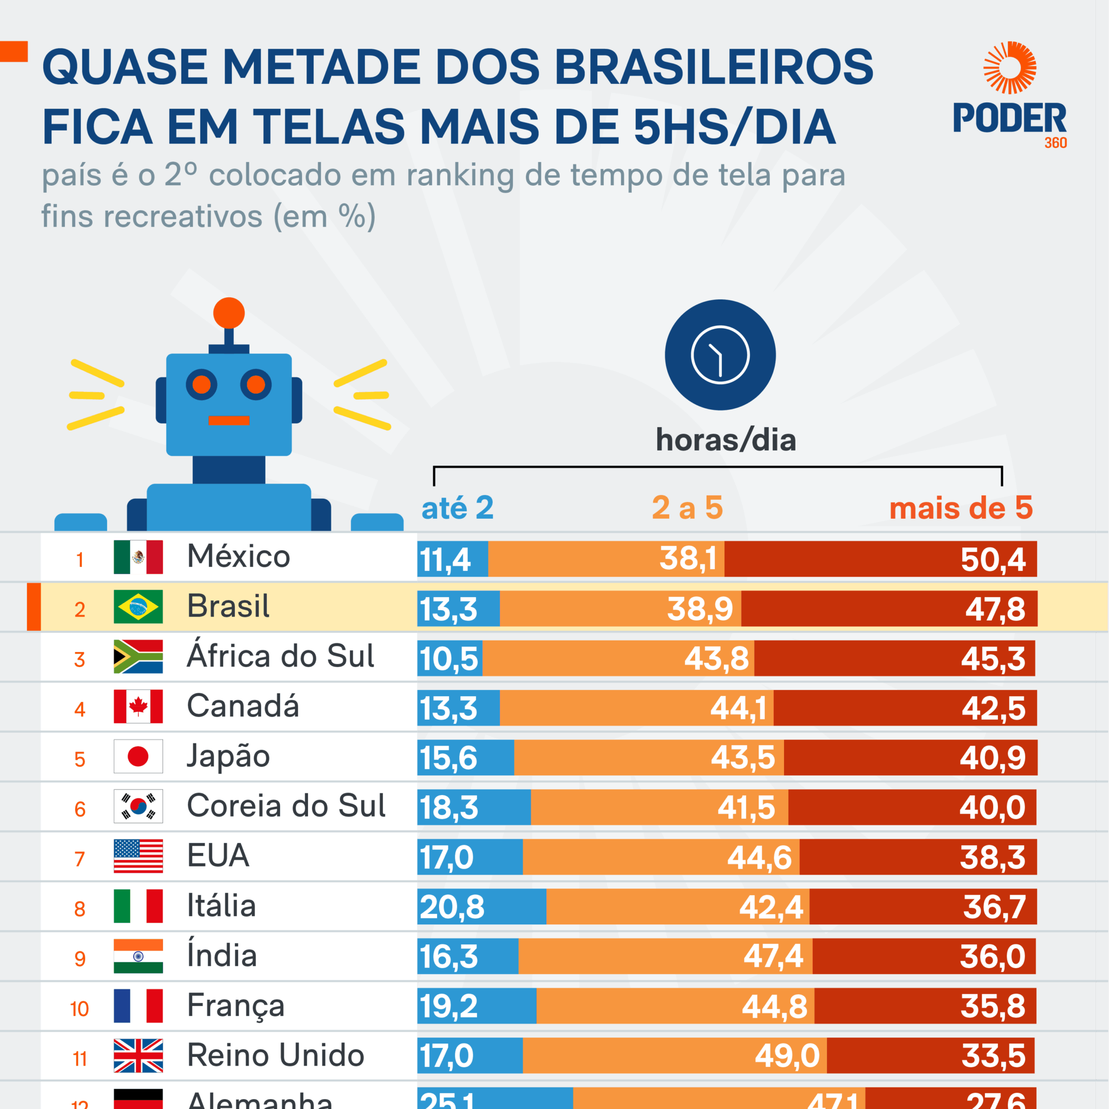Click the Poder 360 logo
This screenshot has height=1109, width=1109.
click(1009, 95)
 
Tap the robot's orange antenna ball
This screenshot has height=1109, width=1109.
click(229, 314)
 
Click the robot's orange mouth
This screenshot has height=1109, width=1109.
click(229, 421)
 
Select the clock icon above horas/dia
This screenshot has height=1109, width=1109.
click(720, 355)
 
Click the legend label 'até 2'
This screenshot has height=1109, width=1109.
click(457, 508)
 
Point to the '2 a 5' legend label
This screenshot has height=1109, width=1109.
click(687, 508)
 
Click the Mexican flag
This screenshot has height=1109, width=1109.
click(138, 557)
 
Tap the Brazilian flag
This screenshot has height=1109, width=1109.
click(138, 606)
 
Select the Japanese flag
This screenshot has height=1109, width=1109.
click(138, 756)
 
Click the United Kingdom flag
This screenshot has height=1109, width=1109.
click(138, 1055)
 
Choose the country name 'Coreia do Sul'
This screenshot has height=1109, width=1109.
click(286, 806)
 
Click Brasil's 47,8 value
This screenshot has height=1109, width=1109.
click(995, 609)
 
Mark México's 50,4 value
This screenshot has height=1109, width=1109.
click(993, 560)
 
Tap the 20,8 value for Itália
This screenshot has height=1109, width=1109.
click(452, 908)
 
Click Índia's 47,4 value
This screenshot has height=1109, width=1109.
click(773, 957)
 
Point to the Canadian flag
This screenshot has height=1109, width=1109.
click(138, 707)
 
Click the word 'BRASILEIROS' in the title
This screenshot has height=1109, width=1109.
click(714, 67)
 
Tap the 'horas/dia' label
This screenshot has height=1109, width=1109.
click(726, 440)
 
